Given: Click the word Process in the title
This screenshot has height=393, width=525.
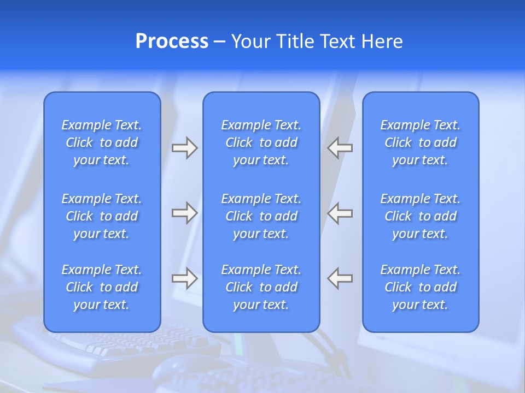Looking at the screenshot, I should click(172, 41).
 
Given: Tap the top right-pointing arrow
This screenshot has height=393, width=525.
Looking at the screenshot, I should click(184, 148).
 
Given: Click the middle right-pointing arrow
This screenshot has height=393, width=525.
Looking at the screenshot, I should click(184, 213).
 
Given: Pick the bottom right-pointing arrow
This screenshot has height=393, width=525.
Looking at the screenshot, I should click(184, 278).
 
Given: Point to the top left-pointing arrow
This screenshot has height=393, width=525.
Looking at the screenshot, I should click(340, 148).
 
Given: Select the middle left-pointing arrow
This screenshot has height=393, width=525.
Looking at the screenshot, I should click(340, 213).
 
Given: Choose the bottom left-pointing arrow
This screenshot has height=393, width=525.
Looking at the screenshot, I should click(340, 278).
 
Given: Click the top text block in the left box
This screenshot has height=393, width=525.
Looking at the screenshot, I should click(102, 142).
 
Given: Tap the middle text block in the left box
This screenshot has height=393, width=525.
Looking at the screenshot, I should click(102, 216).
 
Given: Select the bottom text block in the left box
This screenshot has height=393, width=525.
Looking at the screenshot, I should click(102, 287).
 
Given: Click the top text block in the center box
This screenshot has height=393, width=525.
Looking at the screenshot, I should click(261, 142).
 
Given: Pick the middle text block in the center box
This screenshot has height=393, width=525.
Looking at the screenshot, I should click(261, 216).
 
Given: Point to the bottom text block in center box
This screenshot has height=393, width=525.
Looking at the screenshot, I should click(261, 287).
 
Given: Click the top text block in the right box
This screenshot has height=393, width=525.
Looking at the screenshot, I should click(421, 142).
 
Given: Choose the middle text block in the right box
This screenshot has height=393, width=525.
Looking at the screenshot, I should click(421, 216).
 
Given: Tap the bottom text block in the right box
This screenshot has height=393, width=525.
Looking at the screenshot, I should click(421, 287).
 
